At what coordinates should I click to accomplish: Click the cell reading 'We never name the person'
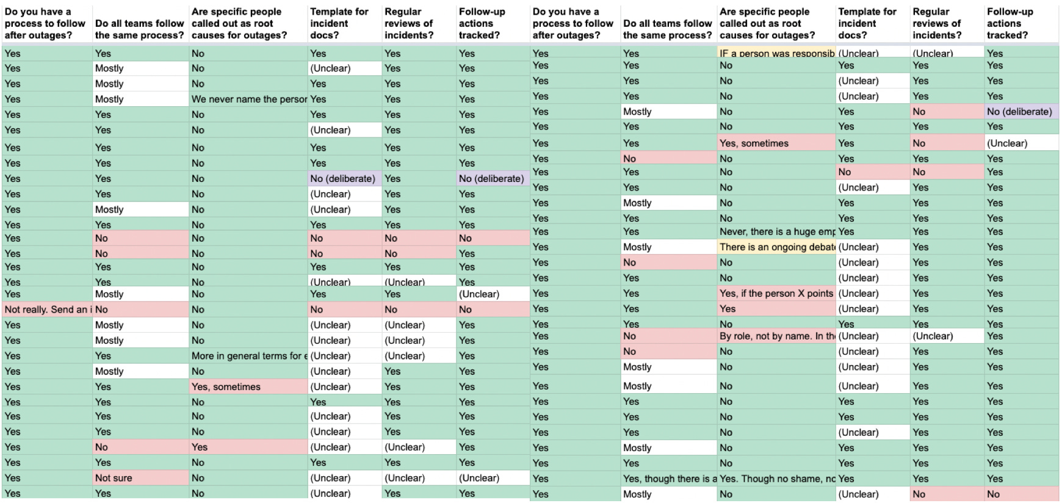pyautogui.click(x=248, y=99)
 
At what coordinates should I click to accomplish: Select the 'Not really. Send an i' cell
pyautogui.click(x=48, y=309)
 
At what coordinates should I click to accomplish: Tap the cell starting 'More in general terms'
pyautogui.click(x=248, y=356)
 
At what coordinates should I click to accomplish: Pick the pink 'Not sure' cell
pyautogui.click(x=141, y=478)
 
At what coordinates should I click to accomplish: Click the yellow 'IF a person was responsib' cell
pyautogui.click(x=776, y=53)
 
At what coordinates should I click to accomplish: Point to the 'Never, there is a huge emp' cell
pyautogui.click(x=776, y=231)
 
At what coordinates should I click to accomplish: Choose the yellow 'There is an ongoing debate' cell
pyautogui.click(x=776, y=247)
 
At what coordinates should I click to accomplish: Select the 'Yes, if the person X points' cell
pyautogui.click(x=776, y=293)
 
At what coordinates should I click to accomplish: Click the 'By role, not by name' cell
pyautogui.click(x=776, y=336)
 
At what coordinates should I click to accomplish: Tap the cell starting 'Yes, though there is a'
pyautogui.click(x=669, y=479)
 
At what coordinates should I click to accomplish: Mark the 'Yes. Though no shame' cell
pyautogui.click(x=776, y=479)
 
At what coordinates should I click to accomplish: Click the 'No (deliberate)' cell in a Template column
pyautogui.click(x=345, y=178)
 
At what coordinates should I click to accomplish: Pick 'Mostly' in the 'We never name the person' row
pyautogui.click(x=141, y=99)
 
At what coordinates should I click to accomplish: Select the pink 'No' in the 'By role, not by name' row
pyautogui.click(x=669, y=336)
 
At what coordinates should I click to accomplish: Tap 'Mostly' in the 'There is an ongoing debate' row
pyautogui.click(x=669, y=247)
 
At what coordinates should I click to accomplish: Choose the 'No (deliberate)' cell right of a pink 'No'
pyautogui.click(x=1021, y=112)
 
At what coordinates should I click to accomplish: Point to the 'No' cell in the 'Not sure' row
pyautogui.click(x=248, y=478)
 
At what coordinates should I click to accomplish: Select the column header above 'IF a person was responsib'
pyautogui.click(x=776, y=23)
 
